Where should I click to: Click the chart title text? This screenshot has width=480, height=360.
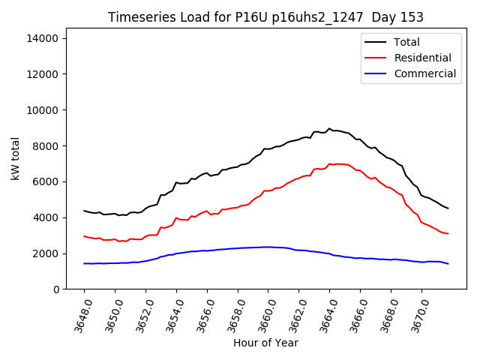pyautogui.click(x=265, y=17)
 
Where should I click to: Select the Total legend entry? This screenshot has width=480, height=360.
pyautogui.click(x=406, y=42)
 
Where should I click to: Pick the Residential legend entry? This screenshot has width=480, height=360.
pyautogui.click(x=422, y=58)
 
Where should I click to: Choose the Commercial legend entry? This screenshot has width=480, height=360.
pyautogui.click(x=424, y=73)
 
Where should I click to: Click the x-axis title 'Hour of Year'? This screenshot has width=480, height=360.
pyautogui.click(x=265, y=343)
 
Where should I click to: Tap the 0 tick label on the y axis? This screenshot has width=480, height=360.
pyautogui.click(x=55, y=289)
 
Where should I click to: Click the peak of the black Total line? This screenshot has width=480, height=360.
pyautogui.click(x=328, y=128)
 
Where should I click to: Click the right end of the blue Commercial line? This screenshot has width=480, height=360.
pyautogui.click(x=448, y=263)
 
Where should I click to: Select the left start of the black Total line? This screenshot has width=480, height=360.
pyautogui.click(x=84, y=211)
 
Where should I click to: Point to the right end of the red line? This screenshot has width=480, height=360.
pyautogui.click(x=448, y=233)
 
